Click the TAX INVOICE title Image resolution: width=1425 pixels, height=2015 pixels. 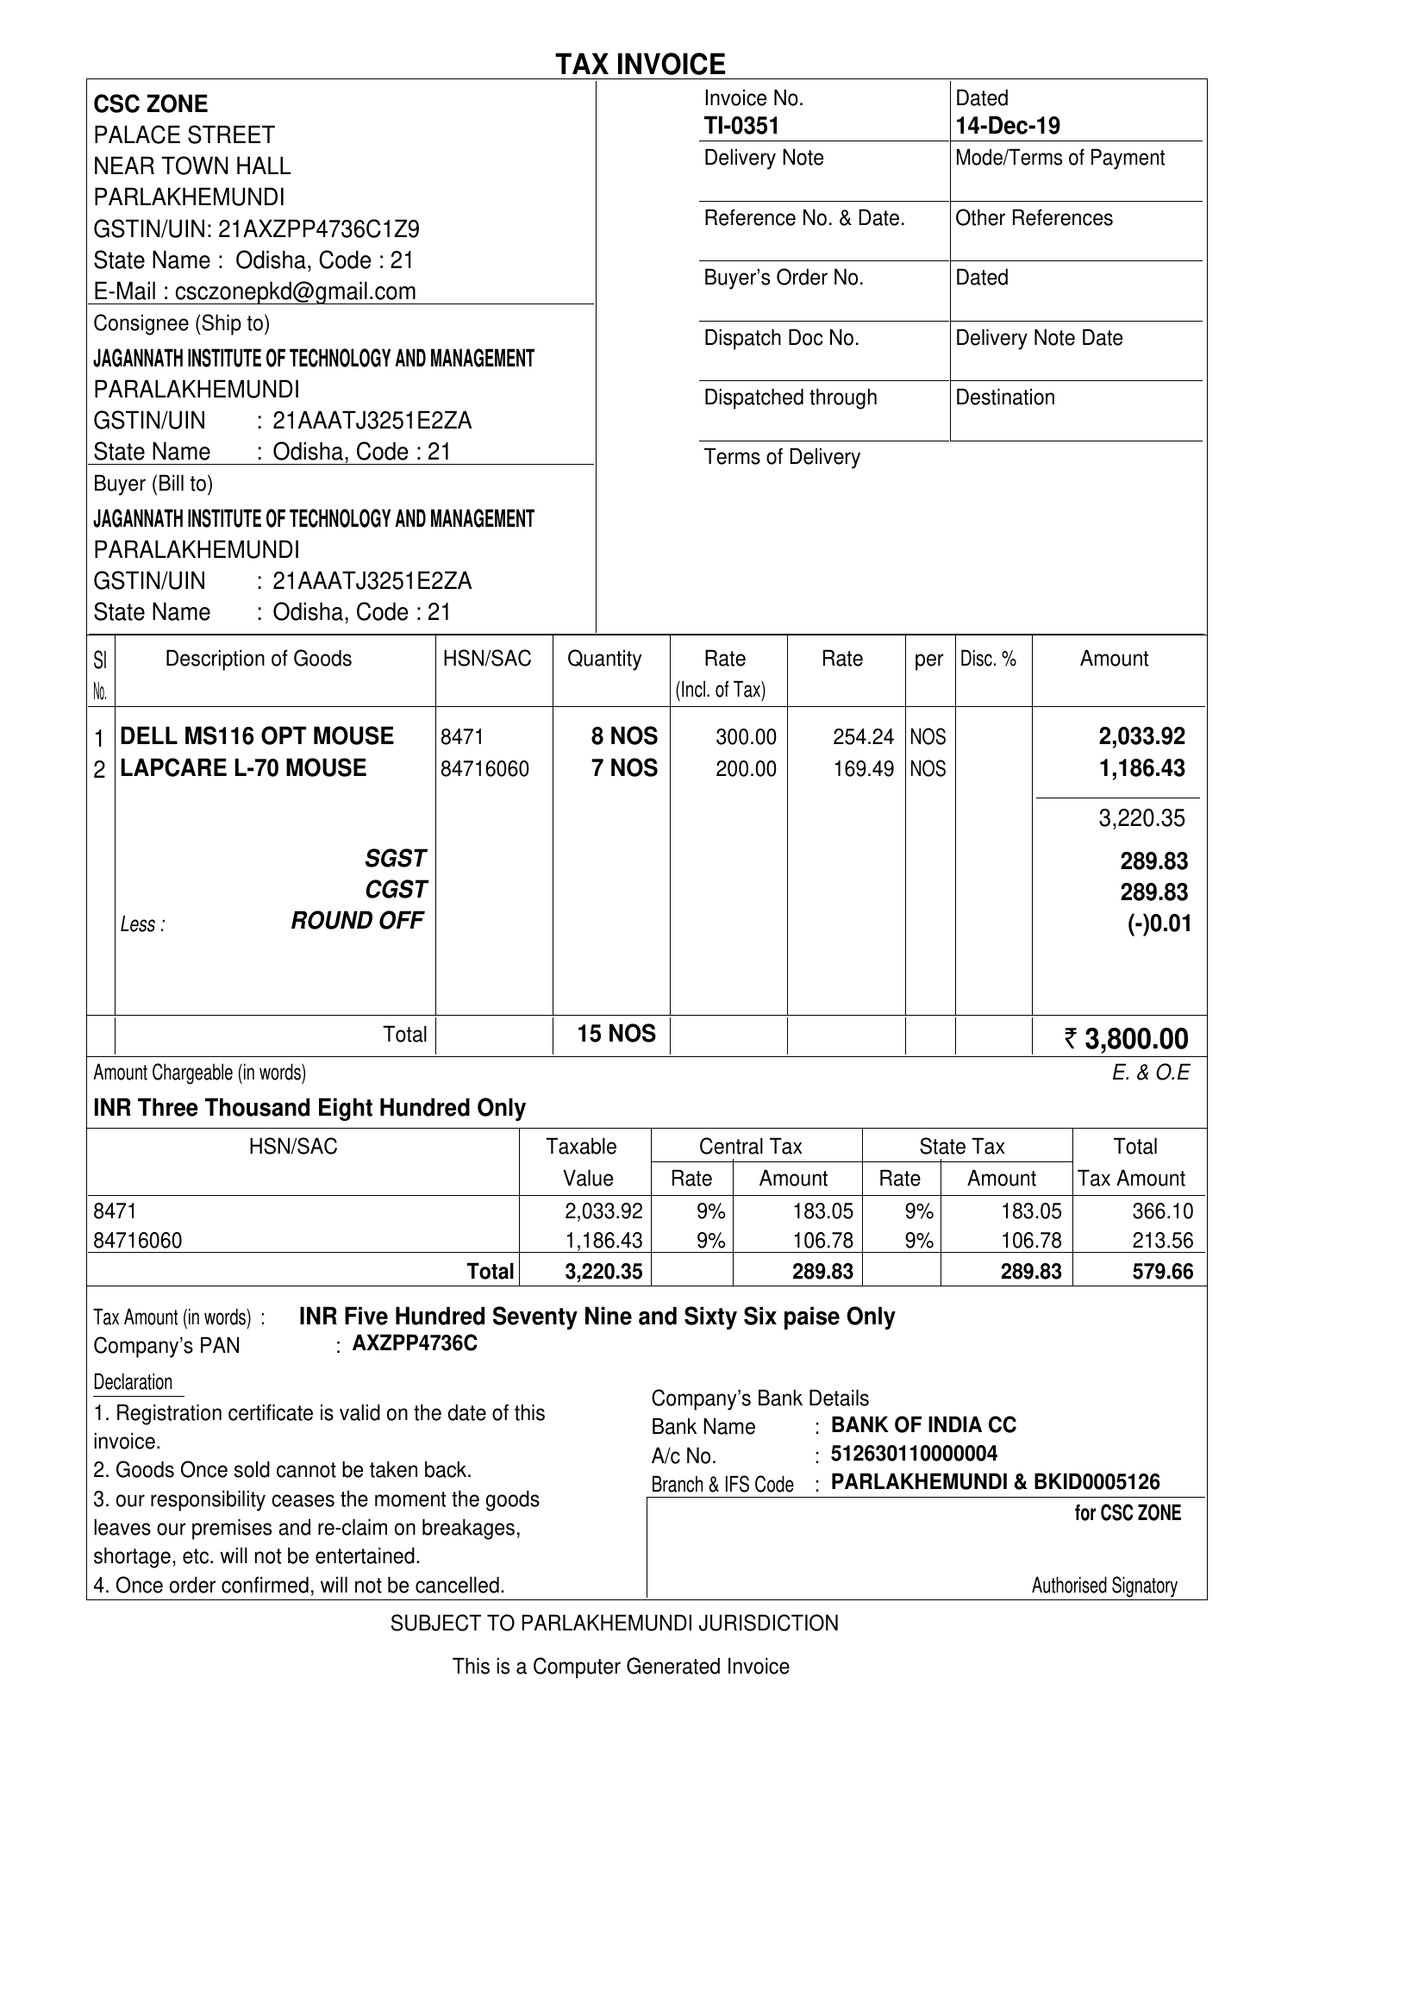click(640, 64)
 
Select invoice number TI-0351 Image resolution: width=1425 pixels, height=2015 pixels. click(741, 127)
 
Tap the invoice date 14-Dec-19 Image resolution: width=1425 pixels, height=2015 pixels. click(1007, 127)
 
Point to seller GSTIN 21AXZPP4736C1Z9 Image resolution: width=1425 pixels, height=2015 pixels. click(318, 229)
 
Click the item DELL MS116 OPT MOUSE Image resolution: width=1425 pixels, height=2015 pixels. click(256, 736)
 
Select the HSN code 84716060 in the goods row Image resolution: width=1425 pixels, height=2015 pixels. click(484, 770)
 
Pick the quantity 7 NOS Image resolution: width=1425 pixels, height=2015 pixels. click(624, 769)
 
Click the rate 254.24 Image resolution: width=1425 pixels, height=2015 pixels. click(863, 737)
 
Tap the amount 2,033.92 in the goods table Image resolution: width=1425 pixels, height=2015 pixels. click(1141, 736)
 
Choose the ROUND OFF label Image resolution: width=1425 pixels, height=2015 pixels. click(357, 921)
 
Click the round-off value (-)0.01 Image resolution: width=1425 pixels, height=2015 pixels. click(1159, 924)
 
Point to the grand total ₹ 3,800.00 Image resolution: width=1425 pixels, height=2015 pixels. click(1127, 1039)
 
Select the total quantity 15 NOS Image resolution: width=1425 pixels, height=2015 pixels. click(616, 1034)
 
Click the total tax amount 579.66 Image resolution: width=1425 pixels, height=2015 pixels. click(1163, 1272)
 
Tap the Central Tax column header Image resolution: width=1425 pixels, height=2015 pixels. click(750, 1147)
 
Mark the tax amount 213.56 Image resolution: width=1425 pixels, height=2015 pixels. click(1163, 1241)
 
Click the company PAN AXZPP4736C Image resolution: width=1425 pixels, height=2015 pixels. click(415, 1343)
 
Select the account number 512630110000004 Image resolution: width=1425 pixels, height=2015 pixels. click(914, 1454)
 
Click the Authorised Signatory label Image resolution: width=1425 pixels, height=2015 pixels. click(1103, 1585)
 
